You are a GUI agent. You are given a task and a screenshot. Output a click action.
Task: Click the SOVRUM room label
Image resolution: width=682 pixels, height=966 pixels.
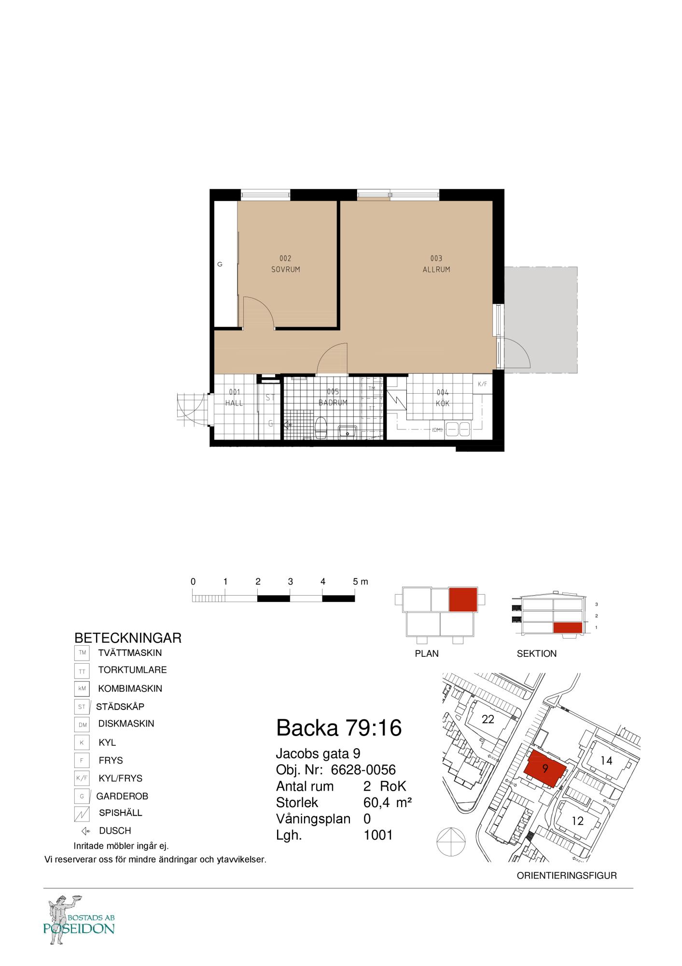(285, 270)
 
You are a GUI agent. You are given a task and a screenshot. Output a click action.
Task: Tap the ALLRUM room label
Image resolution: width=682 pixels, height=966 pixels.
(436, 270)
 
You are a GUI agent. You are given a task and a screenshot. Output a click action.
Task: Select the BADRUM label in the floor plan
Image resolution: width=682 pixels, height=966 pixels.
(333, 402)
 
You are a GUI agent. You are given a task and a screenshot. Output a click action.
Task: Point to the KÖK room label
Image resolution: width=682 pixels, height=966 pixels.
(443, 403)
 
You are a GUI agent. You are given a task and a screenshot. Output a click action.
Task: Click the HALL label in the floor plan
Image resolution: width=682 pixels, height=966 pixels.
(234, 403)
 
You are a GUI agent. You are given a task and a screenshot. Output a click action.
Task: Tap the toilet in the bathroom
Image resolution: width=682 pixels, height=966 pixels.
(321, 427)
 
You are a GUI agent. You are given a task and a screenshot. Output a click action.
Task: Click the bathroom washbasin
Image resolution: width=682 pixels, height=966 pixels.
(348, 431)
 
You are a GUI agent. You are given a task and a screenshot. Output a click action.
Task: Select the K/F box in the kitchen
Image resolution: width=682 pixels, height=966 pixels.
(482, 384)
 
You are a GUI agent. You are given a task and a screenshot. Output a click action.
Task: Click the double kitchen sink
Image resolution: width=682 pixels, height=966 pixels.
(458, 429)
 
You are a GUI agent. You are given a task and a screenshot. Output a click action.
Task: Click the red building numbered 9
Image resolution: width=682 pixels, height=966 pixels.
(545, 768)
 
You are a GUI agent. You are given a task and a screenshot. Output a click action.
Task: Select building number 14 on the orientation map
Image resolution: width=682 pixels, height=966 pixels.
(606, 761)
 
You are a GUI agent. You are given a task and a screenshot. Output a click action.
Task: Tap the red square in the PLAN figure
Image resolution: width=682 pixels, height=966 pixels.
(463, 600)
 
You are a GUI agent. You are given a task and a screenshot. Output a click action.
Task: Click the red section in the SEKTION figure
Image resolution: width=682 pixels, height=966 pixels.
(568, 627)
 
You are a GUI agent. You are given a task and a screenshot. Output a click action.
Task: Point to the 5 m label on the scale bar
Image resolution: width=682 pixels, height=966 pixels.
(360, 582)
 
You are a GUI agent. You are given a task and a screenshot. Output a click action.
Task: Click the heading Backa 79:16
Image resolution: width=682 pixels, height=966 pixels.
(338, 728)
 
